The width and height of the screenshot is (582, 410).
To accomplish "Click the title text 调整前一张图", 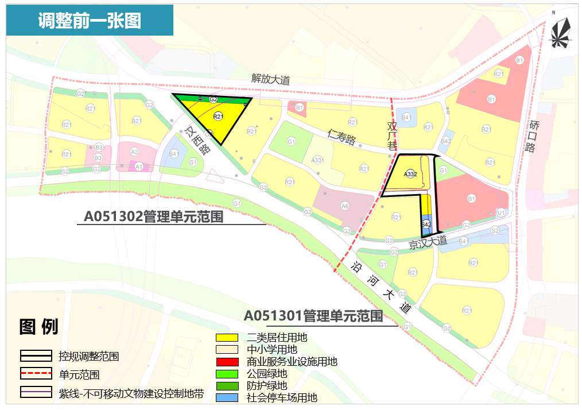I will coord(90,21).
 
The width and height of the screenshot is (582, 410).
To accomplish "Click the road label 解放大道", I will coord(270,80).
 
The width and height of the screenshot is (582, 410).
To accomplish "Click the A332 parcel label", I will coord(410,173).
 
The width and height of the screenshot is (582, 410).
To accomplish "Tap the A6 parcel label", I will coord(345,206).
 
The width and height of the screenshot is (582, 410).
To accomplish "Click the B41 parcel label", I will coord(407,117).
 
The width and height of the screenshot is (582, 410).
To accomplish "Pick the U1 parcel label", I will coord(500,212).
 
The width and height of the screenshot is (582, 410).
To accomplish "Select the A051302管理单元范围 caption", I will coord(153,218).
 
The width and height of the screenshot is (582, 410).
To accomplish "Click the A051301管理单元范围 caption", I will coord(313,316).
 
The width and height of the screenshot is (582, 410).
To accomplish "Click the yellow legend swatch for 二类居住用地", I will coord(227,337).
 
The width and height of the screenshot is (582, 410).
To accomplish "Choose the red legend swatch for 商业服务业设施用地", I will coord(227,362).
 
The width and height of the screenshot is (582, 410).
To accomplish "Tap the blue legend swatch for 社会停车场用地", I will coord(227,397).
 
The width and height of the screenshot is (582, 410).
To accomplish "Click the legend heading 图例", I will coord(38,327).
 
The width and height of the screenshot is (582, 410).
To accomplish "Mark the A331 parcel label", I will coord(317,160).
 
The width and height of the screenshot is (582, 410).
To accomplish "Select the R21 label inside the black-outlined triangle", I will coord(218,117).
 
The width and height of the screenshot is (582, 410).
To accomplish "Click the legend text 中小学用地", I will coord(272,349).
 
